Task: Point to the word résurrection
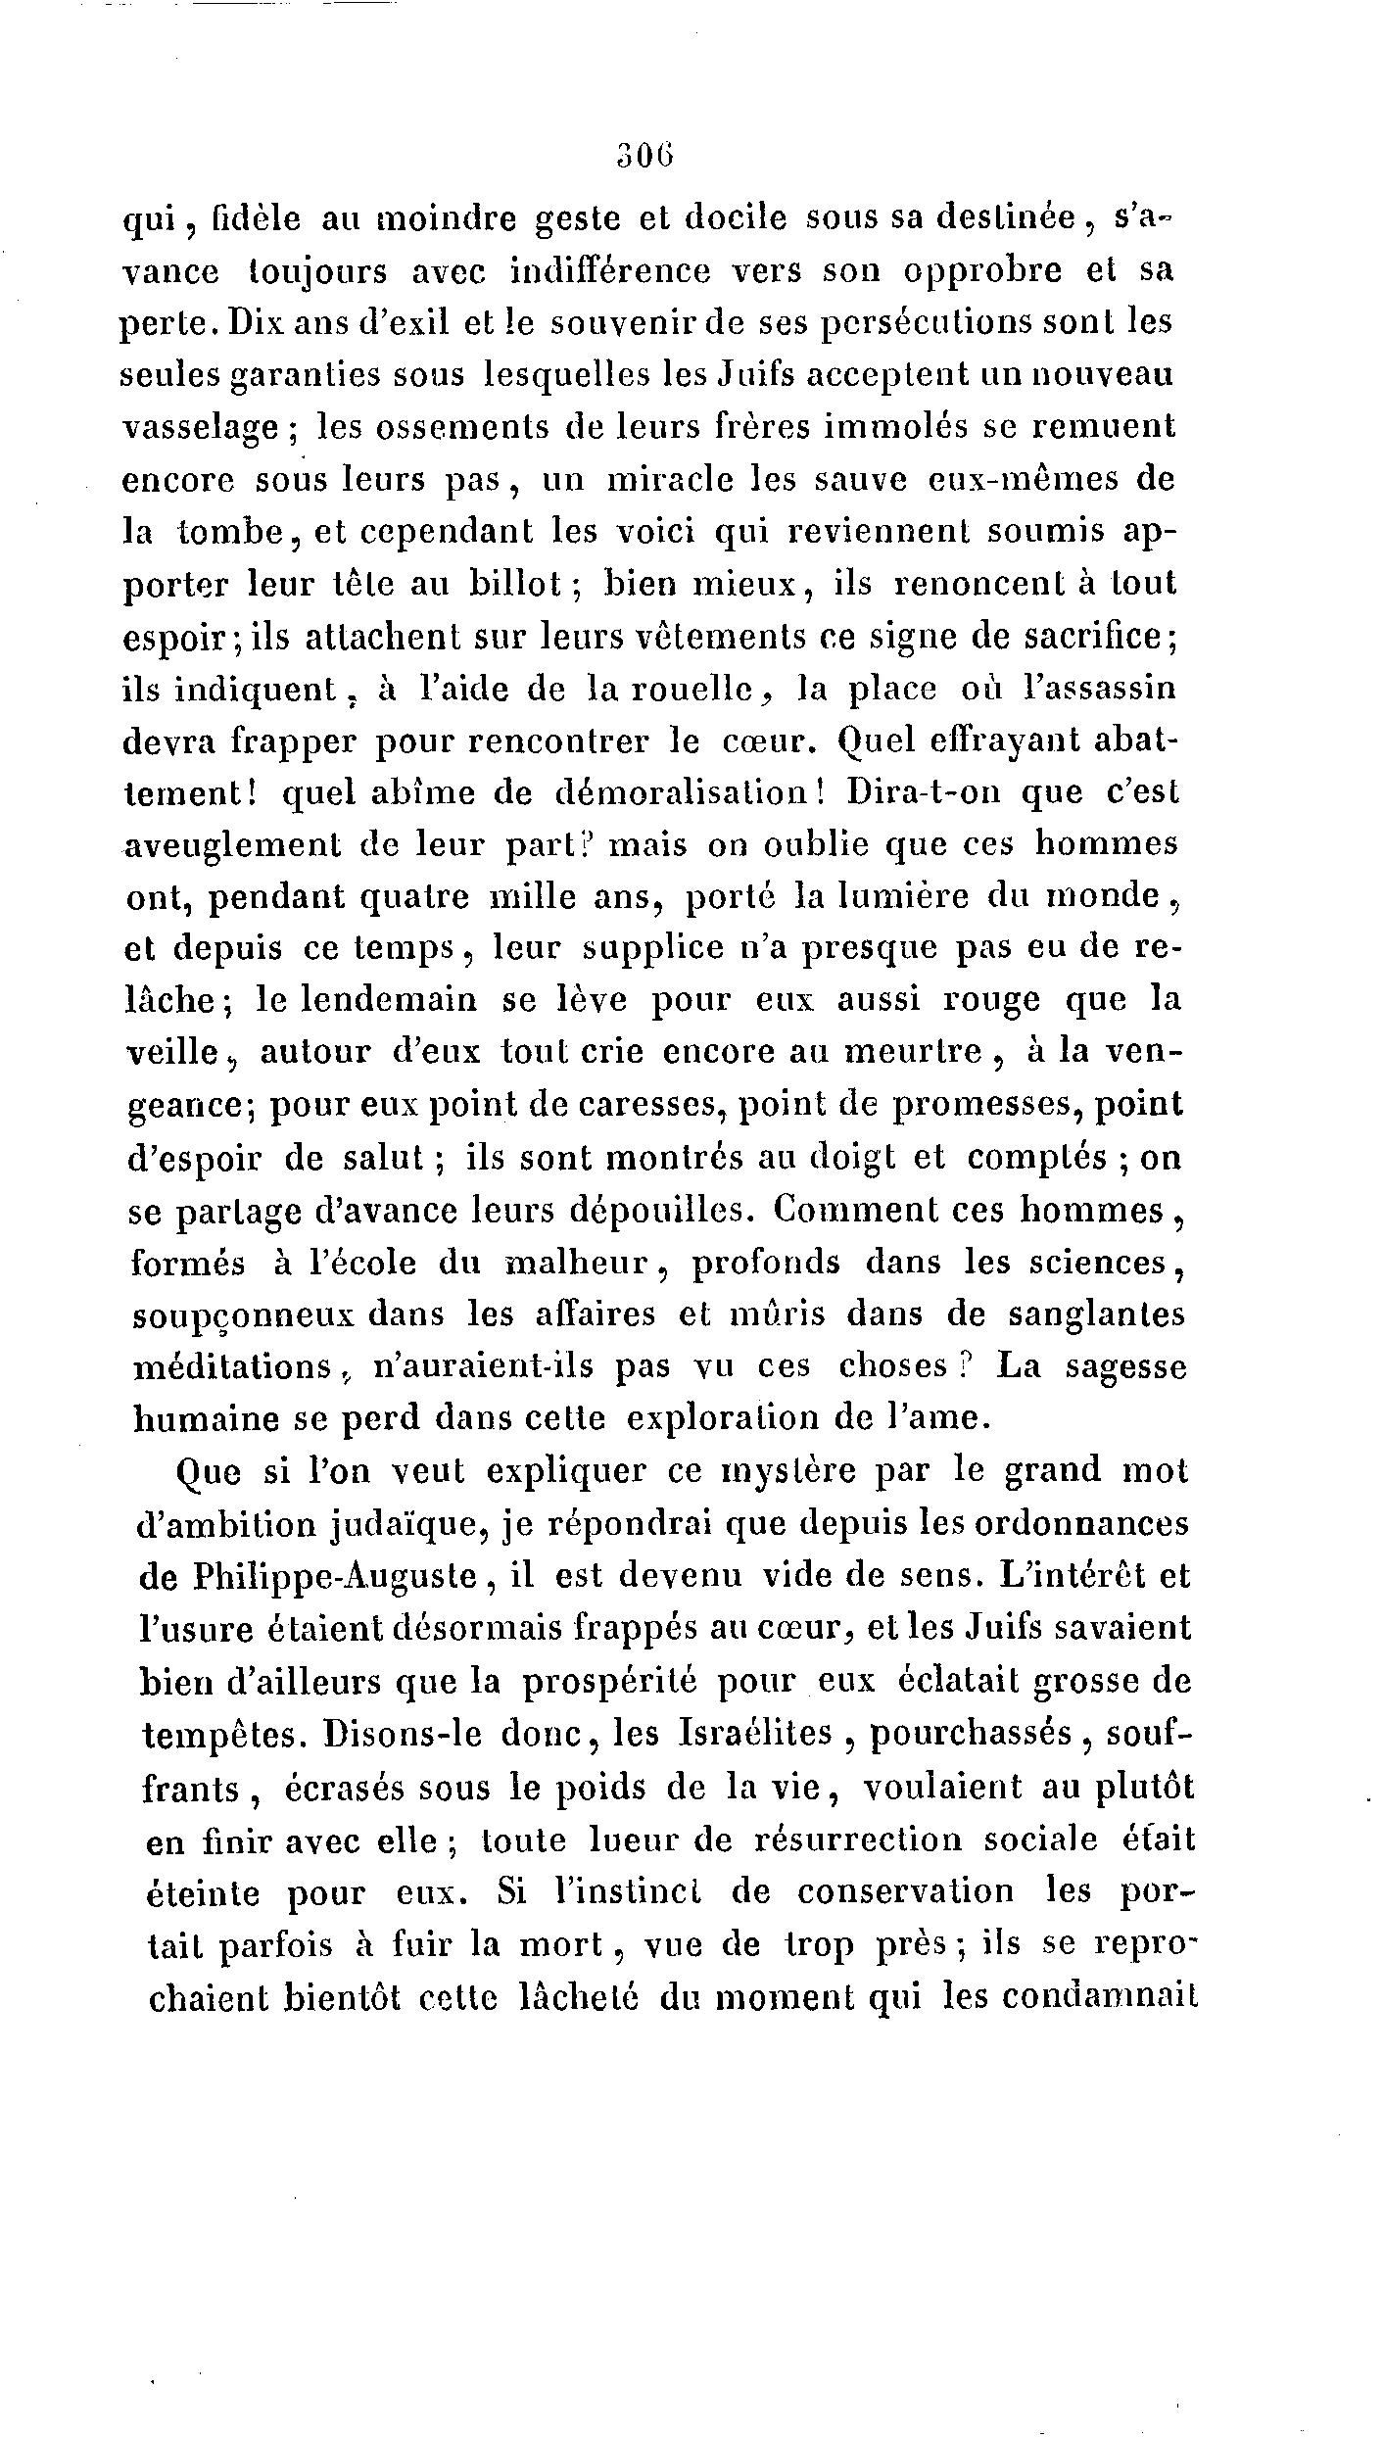coord(859,1840)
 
